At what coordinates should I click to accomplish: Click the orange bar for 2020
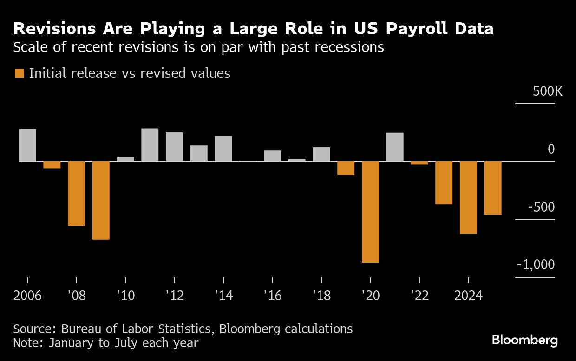(x=370, y=212)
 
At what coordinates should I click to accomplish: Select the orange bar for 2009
(x=101, y=200)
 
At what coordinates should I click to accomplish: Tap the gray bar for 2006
(x=27, y=145)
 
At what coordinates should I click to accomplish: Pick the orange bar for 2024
(x=468, y=198)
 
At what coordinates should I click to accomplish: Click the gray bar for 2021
(x=395, y=147)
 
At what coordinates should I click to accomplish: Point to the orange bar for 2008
(x=76, y=193)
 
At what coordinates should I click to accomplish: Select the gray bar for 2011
(x=150, y=145)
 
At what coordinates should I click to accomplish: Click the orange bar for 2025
(x=492, y=188)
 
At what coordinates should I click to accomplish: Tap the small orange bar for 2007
(x=52, y=165)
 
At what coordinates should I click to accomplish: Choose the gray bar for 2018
(x=321, y=155)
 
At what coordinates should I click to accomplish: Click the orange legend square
(x=20, y=73)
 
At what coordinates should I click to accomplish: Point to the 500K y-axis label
(x=547, y=91)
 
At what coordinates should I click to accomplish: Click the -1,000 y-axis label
(x=536, y=264)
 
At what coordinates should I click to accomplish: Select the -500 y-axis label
(x=541, y=207)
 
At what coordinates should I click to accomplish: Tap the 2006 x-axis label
(x=27, y=296)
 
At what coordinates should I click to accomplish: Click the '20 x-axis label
(x=370, y=296)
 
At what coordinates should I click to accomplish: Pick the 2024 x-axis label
(x=468, y=296)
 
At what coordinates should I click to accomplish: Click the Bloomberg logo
(x=525, y=340)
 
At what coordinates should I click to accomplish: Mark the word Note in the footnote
(x=28, y=343)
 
